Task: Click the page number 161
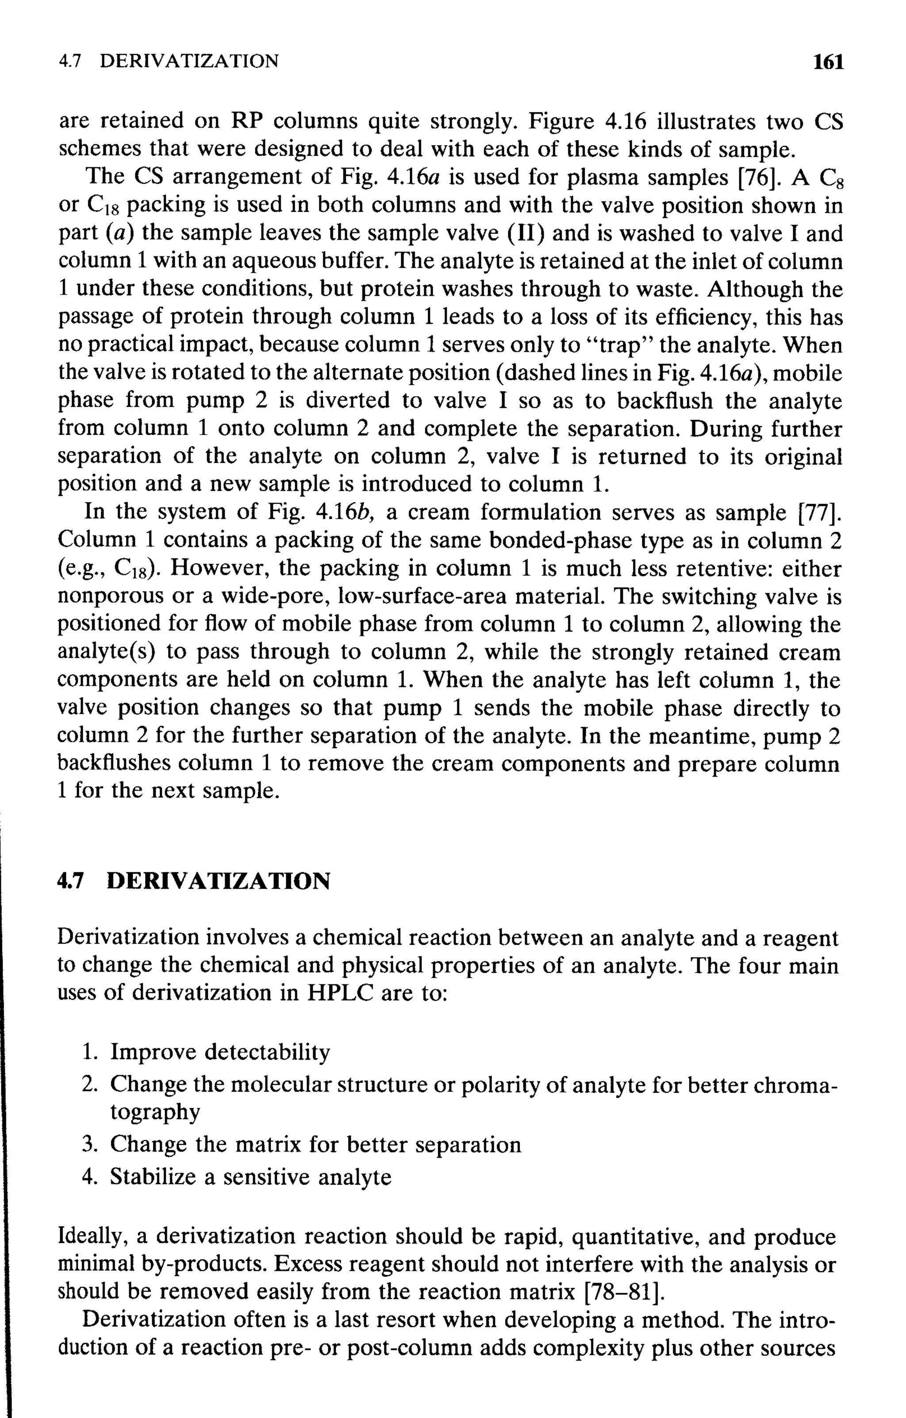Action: click(x=828, y=61)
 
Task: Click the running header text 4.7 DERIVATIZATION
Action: click(x=169, y=61)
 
